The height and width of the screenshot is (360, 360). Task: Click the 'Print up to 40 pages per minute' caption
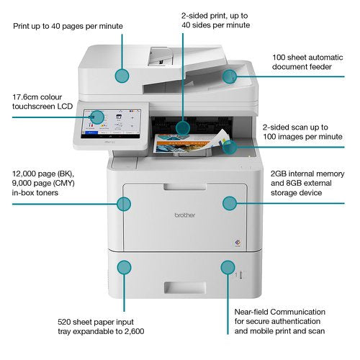pos(68,26)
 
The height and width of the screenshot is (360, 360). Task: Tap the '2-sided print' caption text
pos(215,19)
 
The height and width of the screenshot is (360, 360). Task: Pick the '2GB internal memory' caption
pos(306,184)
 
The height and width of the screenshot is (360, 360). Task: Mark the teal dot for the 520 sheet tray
pos(124,267)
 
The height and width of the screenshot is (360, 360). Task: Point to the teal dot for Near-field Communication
pos(229,267)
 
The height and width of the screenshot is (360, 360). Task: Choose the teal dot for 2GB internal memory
pos(229,204)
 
